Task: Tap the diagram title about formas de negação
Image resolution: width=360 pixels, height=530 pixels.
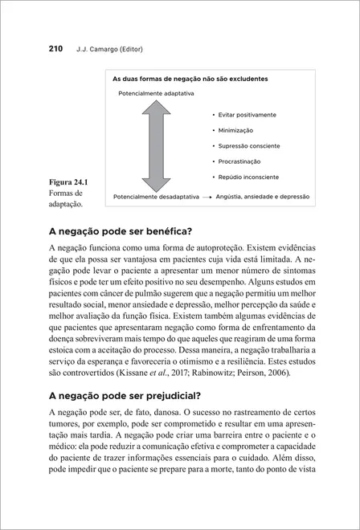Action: pyautogui.click(x=190, y=79)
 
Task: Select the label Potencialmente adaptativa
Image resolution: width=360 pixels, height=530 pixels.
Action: pyautogui.click(x=156, y=94)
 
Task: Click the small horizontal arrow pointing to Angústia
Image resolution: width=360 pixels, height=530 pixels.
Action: pyautogui.click(x=207, y=196)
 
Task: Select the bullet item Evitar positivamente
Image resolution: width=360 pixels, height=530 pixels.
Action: pyautogui.click(x=247, y=115)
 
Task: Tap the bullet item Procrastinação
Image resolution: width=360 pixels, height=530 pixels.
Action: pyautogui.click(x=239, y=161)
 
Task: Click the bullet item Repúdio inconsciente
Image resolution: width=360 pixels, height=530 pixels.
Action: pyautogui.click(x=248, y=176)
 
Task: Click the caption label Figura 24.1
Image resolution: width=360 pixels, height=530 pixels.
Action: pyautogui.click(x=69, y=182)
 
